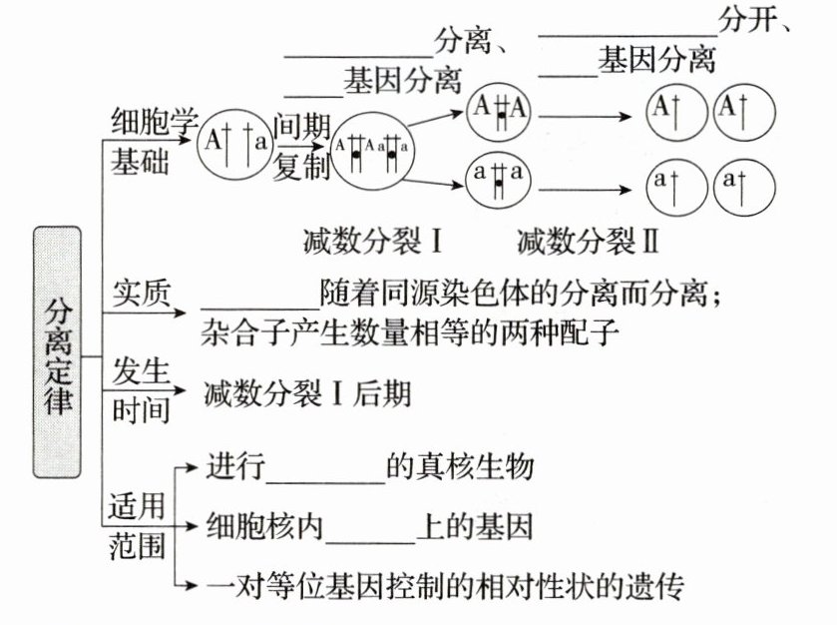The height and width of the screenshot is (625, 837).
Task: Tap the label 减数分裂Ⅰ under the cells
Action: [372, 242]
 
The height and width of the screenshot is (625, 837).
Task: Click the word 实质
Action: [141, 292]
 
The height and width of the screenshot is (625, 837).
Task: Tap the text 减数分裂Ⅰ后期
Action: [306, 393]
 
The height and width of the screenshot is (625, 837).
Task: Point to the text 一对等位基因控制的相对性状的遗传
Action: [444, 586]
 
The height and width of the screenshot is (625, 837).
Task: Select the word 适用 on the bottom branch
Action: [137, 505]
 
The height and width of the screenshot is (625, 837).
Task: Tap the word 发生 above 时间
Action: [141, 368]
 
